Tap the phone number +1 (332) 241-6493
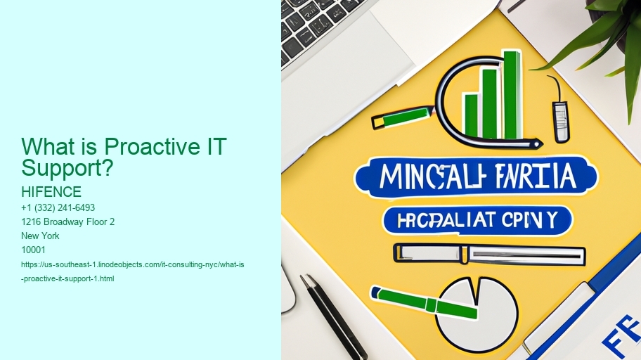coord(59,207)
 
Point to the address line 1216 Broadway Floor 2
coord(68,221)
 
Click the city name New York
coord(41,236)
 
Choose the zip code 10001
coord(34,250)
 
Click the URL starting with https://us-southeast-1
coord(133,264)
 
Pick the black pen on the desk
coord(333,317)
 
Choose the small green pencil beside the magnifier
coord(401,117)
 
